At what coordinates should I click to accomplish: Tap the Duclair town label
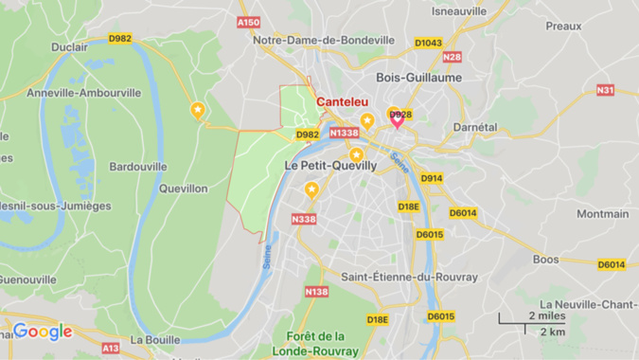click(x=70, y=45)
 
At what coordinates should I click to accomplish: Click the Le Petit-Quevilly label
click(x=330, y=165)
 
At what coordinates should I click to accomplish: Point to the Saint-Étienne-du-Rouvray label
click(x=410, y=277)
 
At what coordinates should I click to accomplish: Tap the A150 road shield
click(x=248, y=22)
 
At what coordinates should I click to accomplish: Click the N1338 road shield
click(x=344, y=134)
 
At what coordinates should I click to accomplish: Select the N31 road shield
click(x=605, y=90)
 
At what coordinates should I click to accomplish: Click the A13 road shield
click(x=111, y=348)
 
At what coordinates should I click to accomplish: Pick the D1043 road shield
click(x=428, y=43)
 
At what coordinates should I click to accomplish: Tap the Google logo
click(x=43, y=332)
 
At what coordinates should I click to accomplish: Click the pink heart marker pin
click(x=398, y=117)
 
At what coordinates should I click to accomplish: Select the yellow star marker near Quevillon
click(x=197, y=110)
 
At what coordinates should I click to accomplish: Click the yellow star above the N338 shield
click(x=311, y=190)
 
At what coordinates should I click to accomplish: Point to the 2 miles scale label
click(x=546, y=315)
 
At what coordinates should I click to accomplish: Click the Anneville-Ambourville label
click(x=84, y=93)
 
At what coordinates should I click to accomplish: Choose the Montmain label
click(x=603, y=214)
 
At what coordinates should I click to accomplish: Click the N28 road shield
click(x=452, y=57)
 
